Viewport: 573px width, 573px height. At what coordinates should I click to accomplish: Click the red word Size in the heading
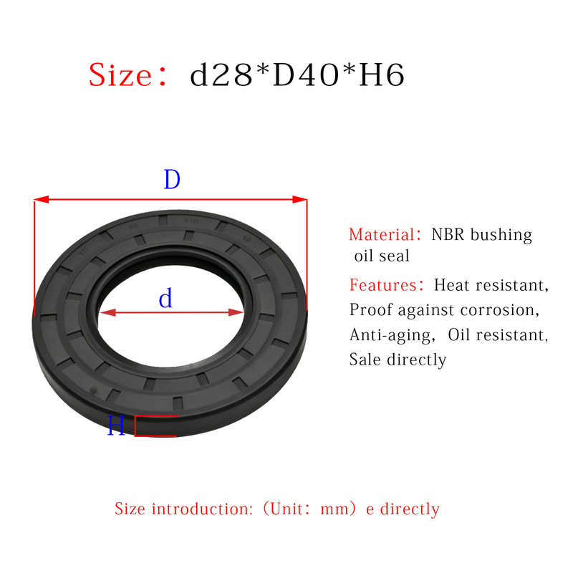120,75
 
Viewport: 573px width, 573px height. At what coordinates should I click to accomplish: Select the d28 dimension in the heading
221,74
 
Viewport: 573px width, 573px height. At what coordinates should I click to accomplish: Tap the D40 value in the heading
306,74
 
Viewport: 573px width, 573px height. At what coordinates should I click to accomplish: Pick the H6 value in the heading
382,74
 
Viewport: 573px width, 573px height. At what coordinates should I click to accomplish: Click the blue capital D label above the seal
172,179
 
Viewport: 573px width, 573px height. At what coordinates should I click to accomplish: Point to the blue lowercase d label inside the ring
165,298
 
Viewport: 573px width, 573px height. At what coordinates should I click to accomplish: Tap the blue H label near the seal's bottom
116,425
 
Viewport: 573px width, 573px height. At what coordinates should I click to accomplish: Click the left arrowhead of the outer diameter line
42,200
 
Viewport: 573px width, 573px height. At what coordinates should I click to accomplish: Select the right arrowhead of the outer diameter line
299,200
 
